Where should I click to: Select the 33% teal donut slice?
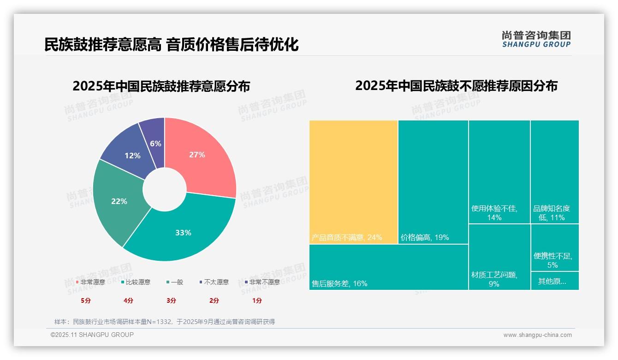pos(184,231)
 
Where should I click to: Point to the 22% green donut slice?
pos(118,201)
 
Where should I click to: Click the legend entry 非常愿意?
pos(90,282)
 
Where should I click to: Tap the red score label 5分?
pos(86,300)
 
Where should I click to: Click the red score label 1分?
pos(257,300)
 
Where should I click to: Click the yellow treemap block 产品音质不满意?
pos(353,182)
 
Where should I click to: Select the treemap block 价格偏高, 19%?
pos(433,182)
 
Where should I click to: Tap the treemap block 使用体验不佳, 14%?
pos(499,172)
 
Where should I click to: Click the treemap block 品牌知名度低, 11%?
pos(554,172)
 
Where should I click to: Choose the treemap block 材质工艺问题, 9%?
pos(499,257)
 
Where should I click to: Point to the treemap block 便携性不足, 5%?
pos(554,248)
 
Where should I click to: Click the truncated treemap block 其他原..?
pos(554,281)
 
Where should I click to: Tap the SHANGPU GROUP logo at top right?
pos(536,39)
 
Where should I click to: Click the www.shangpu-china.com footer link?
pos(537,335)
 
